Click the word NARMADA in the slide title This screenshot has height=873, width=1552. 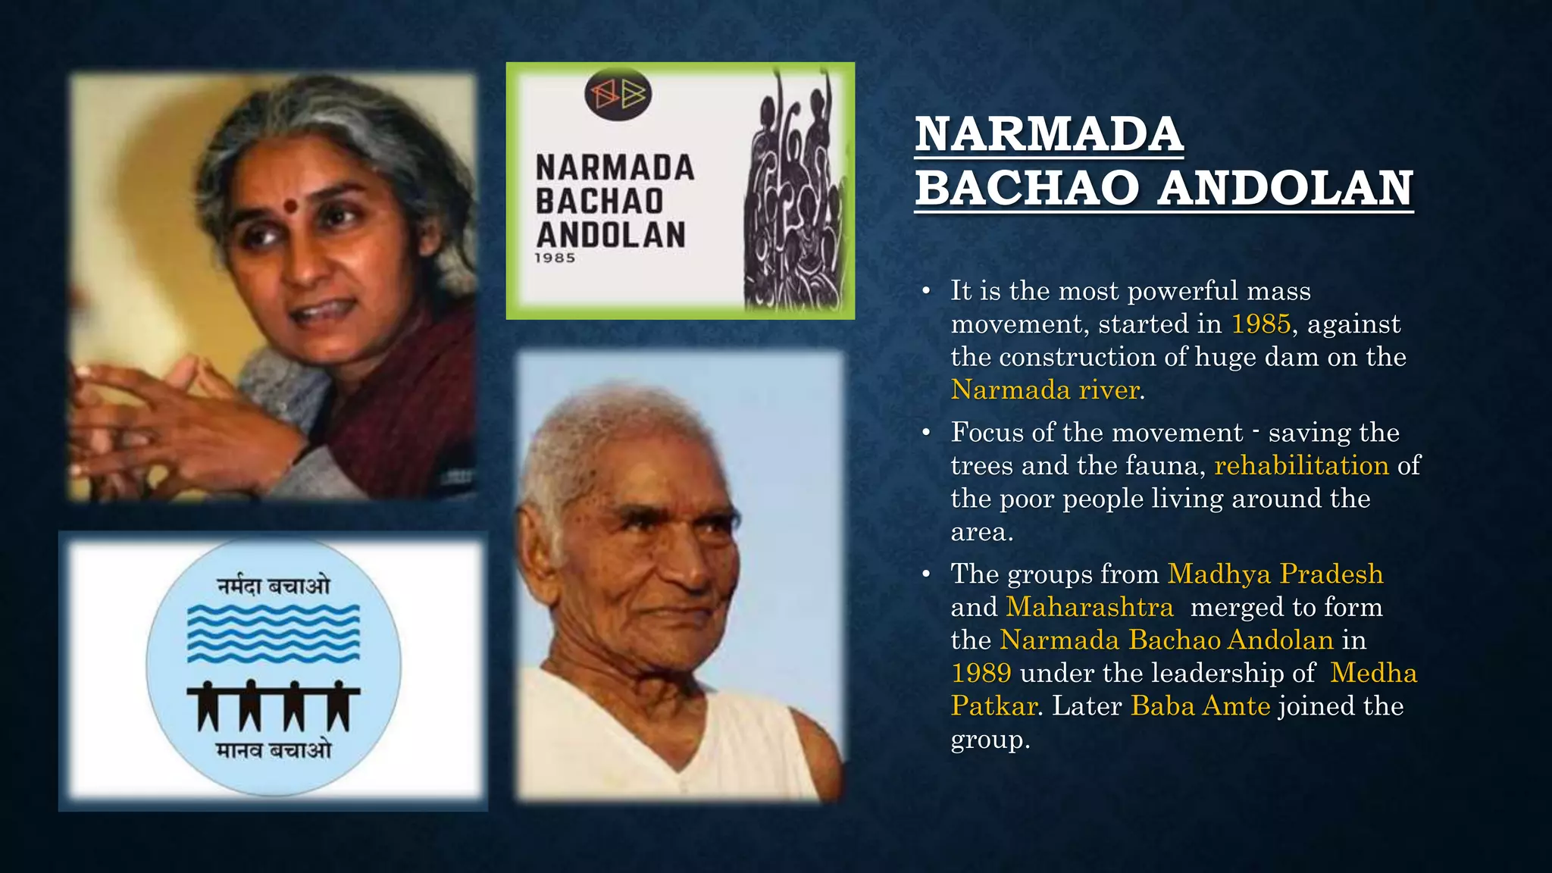[x=1049, y=134]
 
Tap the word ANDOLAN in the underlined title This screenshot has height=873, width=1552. [x=1285, y=188]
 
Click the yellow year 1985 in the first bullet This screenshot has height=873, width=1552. [x=1260, y=324]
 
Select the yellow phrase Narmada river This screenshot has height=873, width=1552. [x=1045, y=390]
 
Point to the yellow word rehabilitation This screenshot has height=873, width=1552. [x=1301, y=465]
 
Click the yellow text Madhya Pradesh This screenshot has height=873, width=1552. [x=1275, y=574]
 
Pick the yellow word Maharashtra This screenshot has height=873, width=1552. [x=1089, y=607]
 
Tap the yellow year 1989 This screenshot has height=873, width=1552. [x=981, y=673]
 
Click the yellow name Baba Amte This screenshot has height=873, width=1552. [x=1200, y=706]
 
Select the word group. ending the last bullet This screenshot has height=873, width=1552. [x=990, y=739]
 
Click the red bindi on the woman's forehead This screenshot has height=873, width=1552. [x=291, y=206]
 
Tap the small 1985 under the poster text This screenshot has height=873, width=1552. [x=555, y=258]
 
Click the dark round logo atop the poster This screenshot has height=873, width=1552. [x=618, y=95]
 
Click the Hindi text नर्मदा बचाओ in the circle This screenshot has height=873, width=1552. [x=274, y=586]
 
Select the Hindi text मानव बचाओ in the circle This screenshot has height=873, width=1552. [x=274, y=750]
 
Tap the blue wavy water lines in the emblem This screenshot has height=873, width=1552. [x=274, y=634]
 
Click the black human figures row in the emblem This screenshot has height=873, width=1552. [x=274, y=706]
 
